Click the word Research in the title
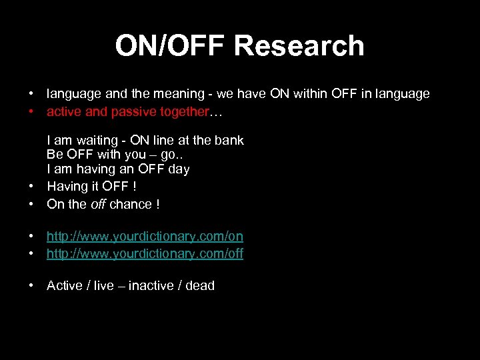pyautogui.click(x=299, y=46)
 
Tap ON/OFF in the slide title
pyautogui.click(x=171, y=46)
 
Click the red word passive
pyautogui.click(x=113, y=112)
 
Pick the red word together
pyautogui.click(x=185, y=112)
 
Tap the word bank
pyautogui.click(x=230, y=141)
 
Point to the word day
pyautogui.click(x=179, y=169)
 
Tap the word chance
pyautogui.click(x=131, y=205)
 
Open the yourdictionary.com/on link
pyautogui.click(x=145, y=236)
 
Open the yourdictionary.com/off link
pyautogui.click(x=145, y=253)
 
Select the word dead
pyautogui.click(x=200, y=286)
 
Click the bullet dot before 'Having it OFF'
pyautogui.click(x=31, y=187)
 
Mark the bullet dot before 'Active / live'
pyautogui.click(x=31, y=286)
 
